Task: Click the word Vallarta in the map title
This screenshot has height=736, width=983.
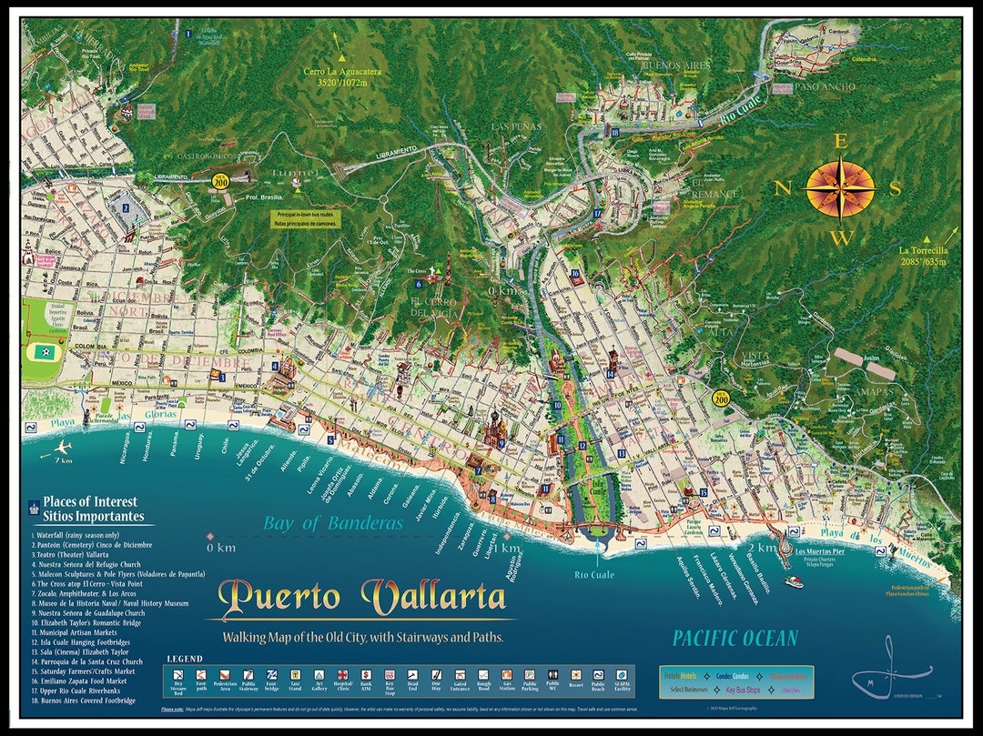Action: (433, 597)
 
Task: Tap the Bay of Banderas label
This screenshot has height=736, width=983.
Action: (333, 523)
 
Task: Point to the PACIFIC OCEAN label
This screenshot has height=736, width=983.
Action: (735, 638)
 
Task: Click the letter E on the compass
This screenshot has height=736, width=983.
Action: (841, 142)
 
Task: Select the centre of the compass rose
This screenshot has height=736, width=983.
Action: (840, 190)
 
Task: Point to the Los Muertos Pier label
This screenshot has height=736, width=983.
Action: (826, 551)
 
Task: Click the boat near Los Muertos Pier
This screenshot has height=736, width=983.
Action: (795, 582)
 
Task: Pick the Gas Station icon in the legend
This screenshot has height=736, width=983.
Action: (507, 676)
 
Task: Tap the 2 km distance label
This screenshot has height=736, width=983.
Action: (763, 549)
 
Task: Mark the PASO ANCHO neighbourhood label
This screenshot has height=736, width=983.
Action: (825, 86)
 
